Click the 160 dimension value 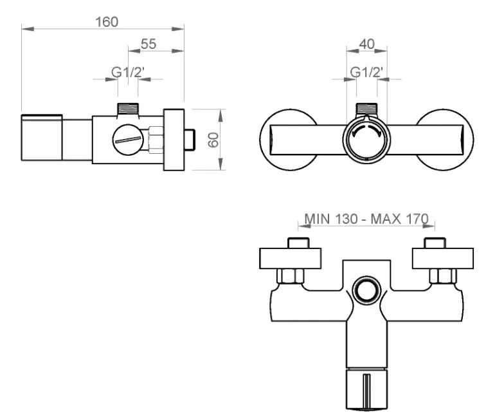coord(107,22)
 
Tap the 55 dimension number coord(148,44)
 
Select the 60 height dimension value coord(213,140)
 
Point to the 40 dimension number coord(367,44)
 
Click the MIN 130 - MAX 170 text coord(366,219)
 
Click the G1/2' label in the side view coord(128,72)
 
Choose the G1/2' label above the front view coord(366,72)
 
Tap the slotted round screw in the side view coord(128,140)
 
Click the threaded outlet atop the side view coord(128,109)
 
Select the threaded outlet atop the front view coord(366,108)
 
